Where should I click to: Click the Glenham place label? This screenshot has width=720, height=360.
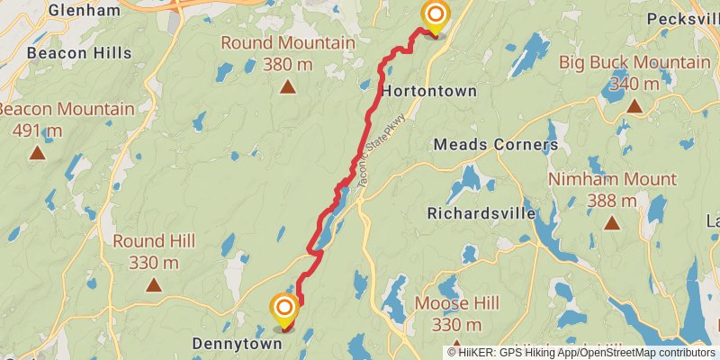(84, 11)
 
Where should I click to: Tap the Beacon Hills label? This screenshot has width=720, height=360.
(79, 53)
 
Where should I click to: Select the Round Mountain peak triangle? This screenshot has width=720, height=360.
(287, 87)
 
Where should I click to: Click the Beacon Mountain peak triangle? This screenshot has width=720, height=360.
(37, 153)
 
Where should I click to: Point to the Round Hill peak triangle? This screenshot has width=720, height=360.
(154, 285)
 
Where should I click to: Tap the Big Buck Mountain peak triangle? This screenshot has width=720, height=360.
(634, 106)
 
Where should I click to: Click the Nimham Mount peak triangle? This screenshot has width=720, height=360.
(612, 223)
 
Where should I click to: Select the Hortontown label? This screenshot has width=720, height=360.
(428, 92)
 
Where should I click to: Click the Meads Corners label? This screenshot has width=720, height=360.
(496, 144)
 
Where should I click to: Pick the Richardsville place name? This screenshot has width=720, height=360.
(481, 214)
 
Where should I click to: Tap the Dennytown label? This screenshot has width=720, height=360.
(238, 343)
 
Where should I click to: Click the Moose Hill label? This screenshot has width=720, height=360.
(455, 303)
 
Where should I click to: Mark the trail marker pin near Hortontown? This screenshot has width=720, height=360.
(435, 16)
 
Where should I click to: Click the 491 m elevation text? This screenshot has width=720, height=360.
(37, 130)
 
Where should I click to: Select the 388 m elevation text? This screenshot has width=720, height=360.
(612, 201)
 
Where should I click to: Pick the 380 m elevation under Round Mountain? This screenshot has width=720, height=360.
(287, 64)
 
